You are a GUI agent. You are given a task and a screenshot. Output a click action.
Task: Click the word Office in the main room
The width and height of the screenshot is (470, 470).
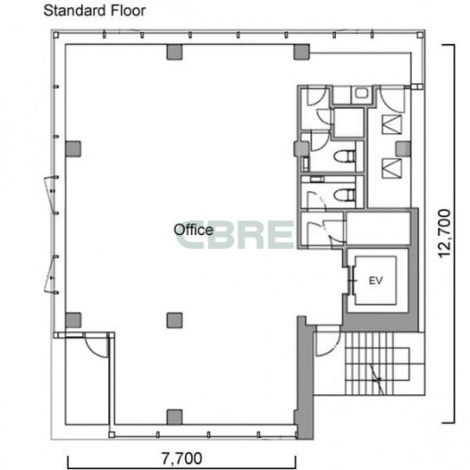click(194, 230)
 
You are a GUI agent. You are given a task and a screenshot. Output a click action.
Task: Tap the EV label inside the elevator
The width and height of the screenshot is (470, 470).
click(375, 281)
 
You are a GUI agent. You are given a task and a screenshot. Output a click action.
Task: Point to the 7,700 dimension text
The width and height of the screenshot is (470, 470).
click(181, 458)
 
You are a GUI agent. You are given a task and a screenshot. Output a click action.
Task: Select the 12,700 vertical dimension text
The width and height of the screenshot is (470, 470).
click(444, 233)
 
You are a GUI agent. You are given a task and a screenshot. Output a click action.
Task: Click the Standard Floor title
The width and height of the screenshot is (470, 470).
click(94, 10)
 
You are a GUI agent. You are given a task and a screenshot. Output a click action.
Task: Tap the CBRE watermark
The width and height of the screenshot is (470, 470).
click(234, 235)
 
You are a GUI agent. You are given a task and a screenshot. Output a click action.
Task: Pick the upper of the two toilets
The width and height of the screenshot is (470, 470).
click(345, 156)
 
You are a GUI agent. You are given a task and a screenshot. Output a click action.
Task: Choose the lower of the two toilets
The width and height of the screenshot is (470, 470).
click(345, 195)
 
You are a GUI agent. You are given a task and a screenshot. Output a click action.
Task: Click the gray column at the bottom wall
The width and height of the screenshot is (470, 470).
click(175, 417)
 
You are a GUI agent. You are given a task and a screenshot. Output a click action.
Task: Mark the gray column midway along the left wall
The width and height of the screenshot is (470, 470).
click(73, 149)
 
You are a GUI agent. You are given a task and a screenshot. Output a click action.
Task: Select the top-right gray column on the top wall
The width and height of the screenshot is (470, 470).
click(302, 52)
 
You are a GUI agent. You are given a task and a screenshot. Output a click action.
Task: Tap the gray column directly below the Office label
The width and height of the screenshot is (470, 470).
click(175, 321)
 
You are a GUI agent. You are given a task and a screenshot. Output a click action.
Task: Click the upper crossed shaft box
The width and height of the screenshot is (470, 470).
click(391, 124)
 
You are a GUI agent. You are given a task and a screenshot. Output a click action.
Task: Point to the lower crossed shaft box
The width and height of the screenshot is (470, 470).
click(391, 168)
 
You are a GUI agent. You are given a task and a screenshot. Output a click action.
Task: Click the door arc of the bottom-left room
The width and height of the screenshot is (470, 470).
click(96, 346)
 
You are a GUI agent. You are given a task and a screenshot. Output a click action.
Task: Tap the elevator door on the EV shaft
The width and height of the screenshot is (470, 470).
click(352, 281)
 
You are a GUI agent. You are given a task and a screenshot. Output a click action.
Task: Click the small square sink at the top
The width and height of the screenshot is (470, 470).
click(361, 93)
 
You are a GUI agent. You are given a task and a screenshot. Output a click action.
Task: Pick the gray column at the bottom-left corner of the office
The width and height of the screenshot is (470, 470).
click(73, 321)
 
